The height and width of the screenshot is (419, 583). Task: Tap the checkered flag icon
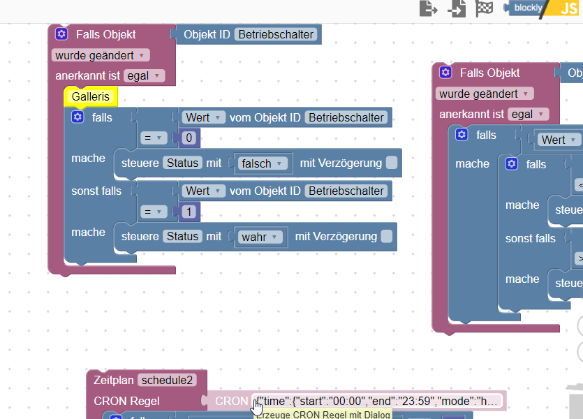(x=485, y=8)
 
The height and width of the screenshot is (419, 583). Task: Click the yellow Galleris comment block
(x=91, y=97)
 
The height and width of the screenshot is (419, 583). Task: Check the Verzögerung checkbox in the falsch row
(x=392, y=163)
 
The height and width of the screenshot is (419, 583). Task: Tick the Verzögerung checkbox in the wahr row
(x=386, y=237)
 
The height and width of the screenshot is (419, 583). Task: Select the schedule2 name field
(x=167, y=380)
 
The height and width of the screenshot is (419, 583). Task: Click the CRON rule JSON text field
(x=378, y=401)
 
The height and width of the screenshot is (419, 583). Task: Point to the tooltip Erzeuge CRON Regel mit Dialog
(x=322, y=414)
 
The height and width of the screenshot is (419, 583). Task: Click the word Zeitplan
(x=112, y=380)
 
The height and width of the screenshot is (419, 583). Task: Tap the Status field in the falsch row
(x=182, y=163)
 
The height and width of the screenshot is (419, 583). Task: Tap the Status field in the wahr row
(x=182, y=237)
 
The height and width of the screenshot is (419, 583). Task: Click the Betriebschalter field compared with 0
(x=346, y=117)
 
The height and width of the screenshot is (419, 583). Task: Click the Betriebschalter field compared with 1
(x=346, y=191)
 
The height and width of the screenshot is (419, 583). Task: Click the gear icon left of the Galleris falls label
(x=78, y=117)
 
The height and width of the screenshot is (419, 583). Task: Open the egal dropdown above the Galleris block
(x=145, y=75)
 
